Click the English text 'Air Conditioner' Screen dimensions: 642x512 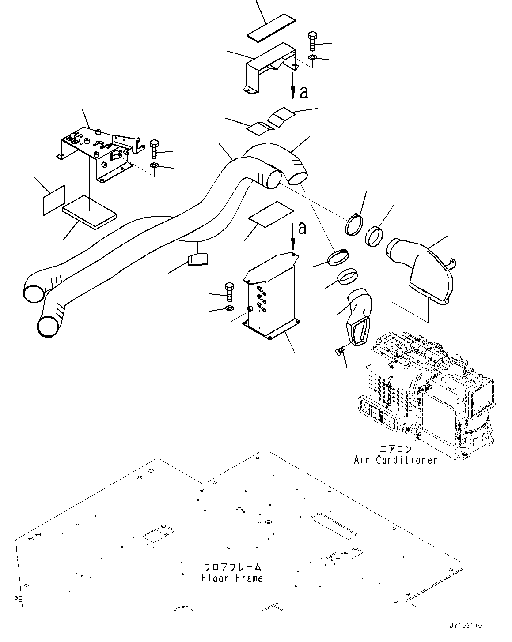click(395, 460)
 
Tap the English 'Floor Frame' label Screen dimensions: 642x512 click(232, 578)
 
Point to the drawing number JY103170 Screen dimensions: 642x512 click(466, 626)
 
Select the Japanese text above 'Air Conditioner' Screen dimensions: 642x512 click(395, 449)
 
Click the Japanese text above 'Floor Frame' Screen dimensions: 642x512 click(232, 567)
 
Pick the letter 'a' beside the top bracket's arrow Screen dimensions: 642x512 click(303, 92)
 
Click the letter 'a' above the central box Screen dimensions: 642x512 click(302, 228)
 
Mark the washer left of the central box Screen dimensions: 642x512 click(230, 308)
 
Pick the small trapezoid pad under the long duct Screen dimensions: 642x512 click(197, 259)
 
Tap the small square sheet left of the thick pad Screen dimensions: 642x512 click(54, 200)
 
